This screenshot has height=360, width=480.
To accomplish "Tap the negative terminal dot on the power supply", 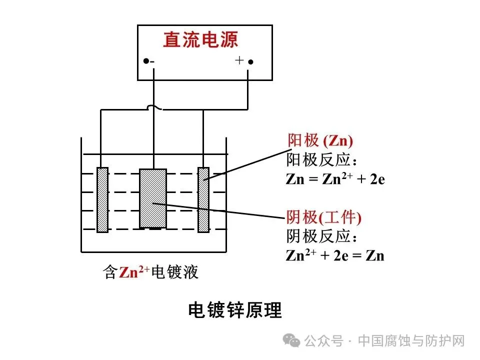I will [x=145, y=61].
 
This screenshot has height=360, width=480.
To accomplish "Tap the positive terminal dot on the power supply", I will [x=251, y=62].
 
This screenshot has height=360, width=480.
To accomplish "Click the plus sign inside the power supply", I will [x=239, y=60].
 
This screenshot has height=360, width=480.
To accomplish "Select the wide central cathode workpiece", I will [x=152, y=198].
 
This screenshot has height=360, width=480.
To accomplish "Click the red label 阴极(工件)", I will [x=323, y=217].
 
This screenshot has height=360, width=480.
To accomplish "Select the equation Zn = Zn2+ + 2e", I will [x=335, y=179].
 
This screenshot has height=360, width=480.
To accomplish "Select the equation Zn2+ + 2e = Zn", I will [x=334, y=256].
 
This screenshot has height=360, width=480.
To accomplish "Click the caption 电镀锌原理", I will [x=235, y=310].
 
